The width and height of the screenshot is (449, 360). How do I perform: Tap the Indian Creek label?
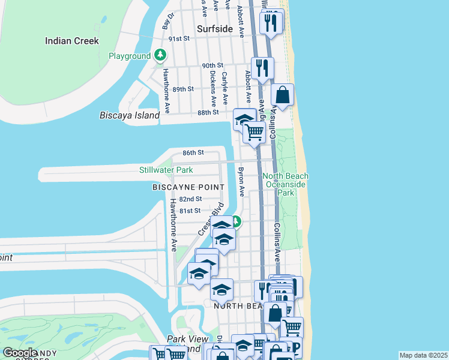(x=72, y=41)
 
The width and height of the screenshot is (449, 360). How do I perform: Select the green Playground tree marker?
(x=160, y=56)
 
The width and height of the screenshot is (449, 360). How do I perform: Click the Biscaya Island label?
(x=130, y=115)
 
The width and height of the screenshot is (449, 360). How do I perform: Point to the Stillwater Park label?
(x=166, y=170)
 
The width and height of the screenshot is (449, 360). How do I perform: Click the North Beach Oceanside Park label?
(x=286, y=184)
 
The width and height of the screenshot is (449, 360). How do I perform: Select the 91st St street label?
(x=179, y=38)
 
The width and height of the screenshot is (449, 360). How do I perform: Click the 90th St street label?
(x=212, y=65)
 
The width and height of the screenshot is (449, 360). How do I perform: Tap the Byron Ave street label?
(x=242, y=182)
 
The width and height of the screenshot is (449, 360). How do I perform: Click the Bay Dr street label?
(x=167, y=20)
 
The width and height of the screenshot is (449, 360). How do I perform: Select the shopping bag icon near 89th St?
(x=283, y=95)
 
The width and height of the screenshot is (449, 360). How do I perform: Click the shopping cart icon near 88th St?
(x=255, y=131)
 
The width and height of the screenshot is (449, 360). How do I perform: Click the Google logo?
(x=20, y=353)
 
